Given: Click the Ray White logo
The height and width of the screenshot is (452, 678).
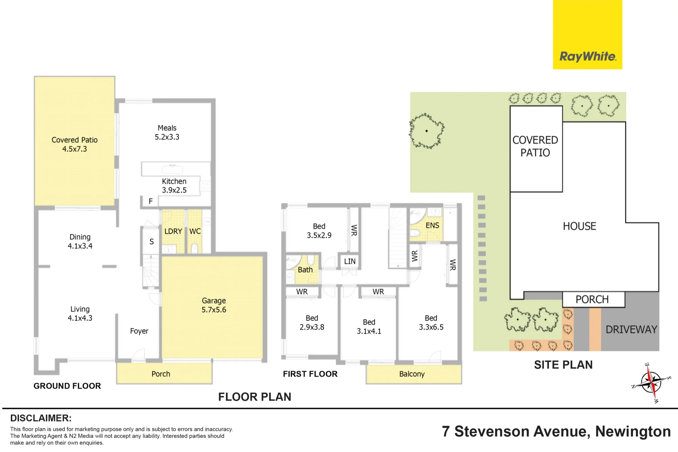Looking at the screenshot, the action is (587, 35).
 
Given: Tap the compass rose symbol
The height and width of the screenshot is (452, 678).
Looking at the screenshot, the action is (651, 383).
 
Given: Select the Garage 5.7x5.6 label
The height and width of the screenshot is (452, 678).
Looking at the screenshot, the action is (214, 305).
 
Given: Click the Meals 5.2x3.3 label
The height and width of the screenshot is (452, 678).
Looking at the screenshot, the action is (167, 132).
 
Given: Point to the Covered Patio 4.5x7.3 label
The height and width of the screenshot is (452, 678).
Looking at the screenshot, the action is (75, 144).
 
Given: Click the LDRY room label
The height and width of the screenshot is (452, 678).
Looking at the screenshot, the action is (173, 231).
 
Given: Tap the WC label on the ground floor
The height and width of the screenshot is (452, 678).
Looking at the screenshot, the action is (195, 231).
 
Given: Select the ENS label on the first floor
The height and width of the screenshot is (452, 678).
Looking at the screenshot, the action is (432, 226).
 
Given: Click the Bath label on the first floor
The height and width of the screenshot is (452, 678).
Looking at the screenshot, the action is (305, 270).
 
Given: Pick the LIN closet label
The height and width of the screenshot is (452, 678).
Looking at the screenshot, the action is (350, 261).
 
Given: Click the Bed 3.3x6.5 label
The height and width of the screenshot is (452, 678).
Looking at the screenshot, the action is (431, 323).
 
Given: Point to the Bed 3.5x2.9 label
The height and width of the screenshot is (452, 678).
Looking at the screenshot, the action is (319, 231).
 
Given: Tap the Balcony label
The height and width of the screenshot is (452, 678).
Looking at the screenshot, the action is (412, 374).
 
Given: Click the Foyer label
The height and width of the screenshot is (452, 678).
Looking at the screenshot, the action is (139, 331).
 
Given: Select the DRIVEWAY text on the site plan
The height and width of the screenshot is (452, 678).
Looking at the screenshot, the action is (631, 329).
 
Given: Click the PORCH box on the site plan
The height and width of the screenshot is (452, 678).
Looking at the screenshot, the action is (594, 300).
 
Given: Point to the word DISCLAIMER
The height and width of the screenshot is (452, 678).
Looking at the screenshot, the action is (41, 418).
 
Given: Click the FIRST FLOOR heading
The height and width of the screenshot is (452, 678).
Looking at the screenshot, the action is (310, 374).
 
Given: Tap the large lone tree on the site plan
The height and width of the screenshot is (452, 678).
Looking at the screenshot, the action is (426, 131).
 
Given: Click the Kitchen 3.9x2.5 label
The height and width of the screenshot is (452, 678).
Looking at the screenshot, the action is (174, 186).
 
